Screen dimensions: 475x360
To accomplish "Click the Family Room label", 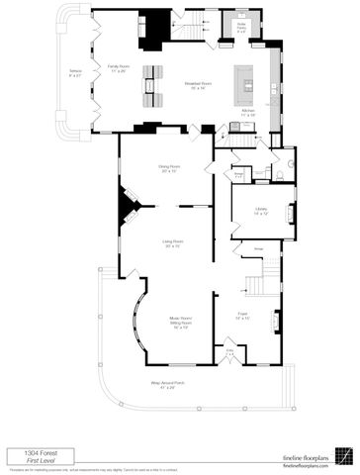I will click(x=119, y=68).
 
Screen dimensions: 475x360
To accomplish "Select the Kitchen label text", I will click(x=248, y=112).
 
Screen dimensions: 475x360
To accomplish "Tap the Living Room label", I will click(x=173, y=243).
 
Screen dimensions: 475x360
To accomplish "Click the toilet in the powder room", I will click(x=280, y=173).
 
